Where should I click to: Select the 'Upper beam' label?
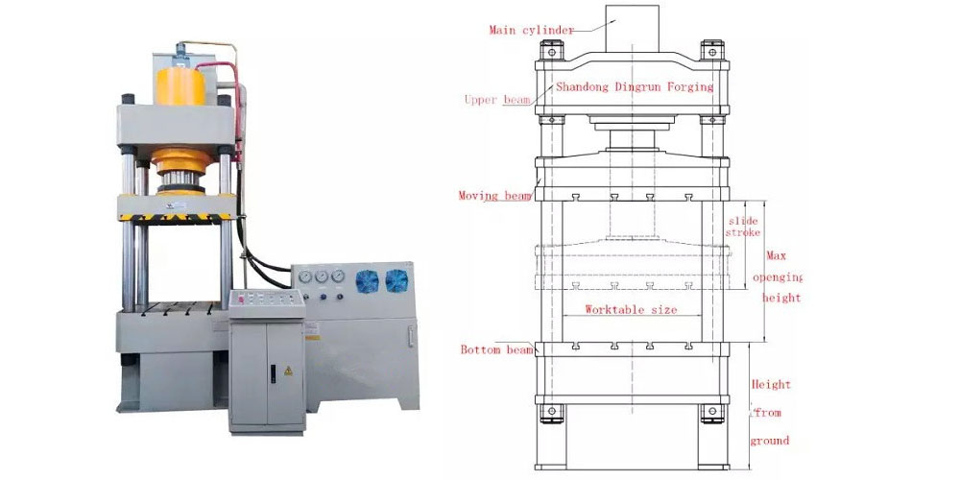pyautogui.click(x=495, y=100)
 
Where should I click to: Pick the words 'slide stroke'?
pyautogui.click(x=743, y=227)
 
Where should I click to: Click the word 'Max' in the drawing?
pyautogui.click(x=776, y=256)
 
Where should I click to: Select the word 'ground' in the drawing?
pyautogui.click(x=770, y=441)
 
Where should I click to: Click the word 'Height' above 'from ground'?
pyautogui.click(x=771, y=385)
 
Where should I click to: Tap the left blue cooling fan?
pyautogui.click(x=368, y=280)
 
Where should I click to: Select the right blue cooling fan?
pyautogui.click(x=396, y=280)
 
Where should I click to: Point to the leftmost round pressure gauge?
pyautogui.click(x=304, y=276)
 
